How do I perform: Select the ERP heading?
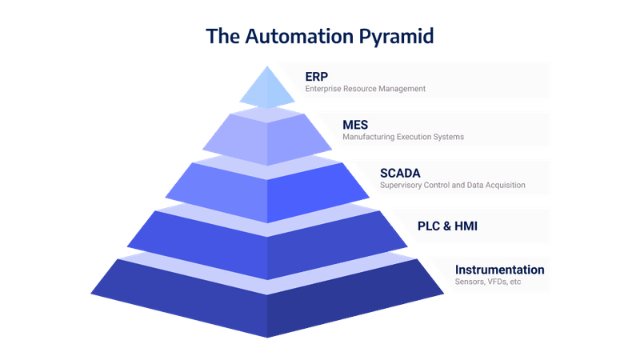pos(317,76)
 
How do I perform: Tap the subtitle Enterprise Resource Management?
pos(365,89)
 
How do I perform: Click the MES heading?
pos(355,124)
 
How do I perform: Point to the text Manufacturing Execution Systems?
pos(403,137)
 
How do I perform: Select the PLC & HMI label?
pos(448,226)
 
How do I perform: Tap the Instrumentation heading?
pos(499,270)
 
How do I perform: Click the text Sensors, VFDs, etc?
pos(488,282)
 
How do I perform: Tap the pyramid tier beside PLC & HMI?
pos(267,234)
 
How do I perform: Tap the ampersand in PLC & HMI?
pos(448,226)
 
